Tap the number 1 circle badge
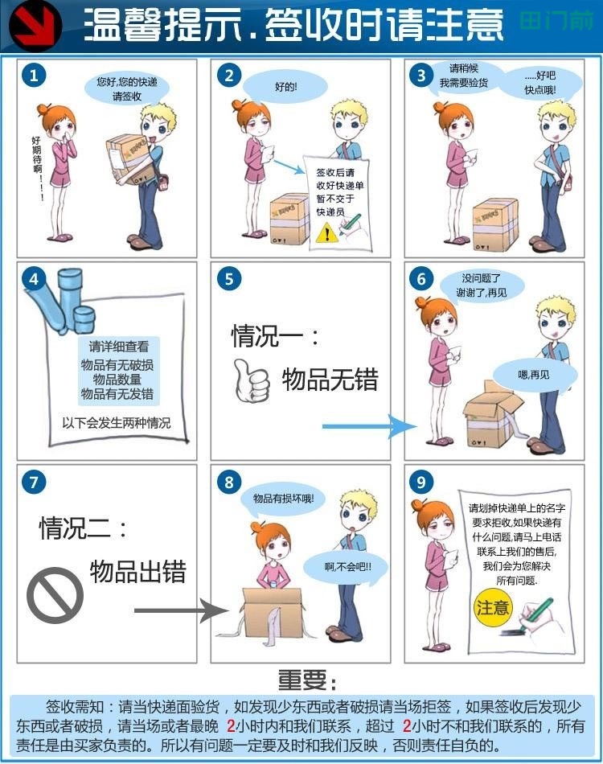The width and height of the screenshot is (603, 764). pyautogui.click(x=34, y=76)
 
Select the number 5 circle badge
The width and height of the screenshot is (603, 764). pyautogui.click(x=229, y=279)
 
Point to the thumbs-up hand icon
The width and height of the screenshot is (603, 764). pyautogui.click(x=251, y=380)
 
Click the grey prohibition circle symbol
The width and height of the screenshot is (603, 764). pyautogui.click(x=55, y=594)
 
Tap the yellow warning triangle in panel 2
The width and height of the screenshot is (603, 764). pyautogui.click(x=325, y=233)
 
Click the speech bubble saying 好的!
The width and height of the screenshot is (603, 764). pyautogui.click(x=285, y=87)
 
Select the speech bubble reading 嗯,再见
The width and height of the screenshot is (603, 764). pyautogui.click(x=533, y=375)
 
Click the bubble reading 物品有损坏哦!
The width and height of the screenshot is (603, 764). pyautogui.click(x=283, y=498)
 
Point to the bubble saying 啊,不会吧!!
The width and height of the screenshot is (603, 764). pyautogui.click(x=348, y=566)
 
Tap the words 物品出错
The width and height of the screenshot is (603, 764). pyautogui.click(x=138, y=571)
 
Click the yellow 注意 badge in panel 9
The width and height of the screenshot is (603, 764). pyautogui.click(x=492, y=607)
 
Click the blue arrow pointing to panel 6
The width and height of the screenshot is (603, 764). pyautogui.click(x=366, y=426)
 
